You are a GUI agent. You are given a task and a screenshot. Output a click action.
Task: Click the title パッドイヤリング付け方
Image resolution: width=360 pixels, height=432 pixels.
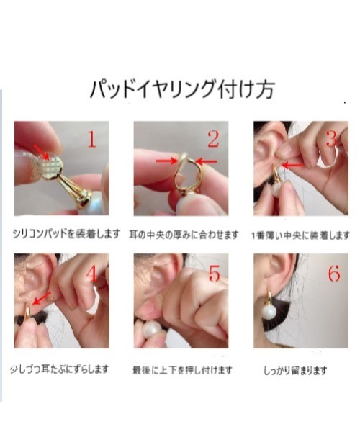point(181,90)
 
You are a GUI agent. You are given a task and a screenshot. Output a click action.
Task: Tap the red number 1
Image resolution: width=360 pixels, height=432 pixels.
point(92,139)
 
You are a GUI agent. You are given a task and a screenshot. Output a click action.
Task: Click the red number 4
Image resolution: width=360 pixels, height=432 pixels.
point(91,274)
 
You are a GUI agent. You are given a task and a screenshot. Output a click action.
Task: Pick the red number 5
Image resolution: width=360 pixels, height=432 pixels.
point(213,274)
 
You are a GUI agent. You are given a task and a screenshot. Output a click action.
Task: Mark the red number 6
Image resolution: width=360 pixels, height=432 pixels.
point(333,274)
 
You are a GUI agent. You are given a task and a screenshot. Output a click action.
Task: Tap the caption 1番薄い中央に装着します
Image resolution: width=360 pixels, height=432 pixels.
point(300,235)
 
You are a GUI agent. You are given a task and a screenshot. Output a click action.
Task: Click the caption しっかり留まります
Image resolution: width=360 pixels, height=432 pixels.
point(296,370)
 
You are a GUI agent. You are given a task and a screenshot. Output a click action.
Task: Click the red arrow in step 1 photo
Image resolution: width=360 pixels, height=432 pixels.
point(42,152)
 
